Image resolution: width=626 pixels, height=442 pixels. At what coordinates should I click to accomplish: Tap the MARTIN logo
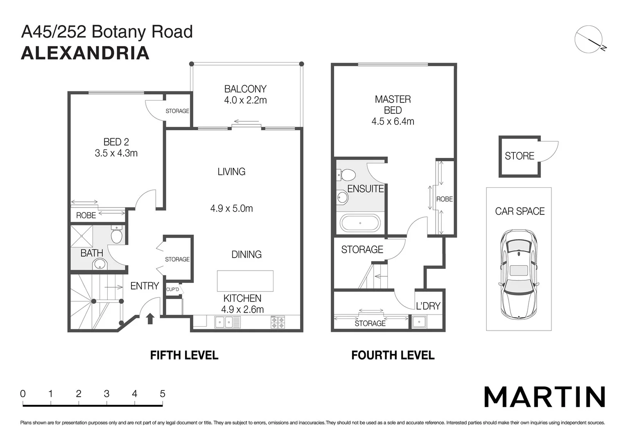pos(544,397)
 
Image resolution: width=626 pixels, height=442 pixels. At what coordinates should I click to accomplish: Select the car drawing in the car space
pos(518,275)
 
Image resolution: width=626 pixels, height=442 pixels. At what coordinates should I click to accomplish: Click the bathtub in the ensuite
pos(360,223)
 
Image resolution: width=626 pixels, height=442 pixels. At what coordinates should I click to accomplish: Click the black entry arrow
pos(150,318)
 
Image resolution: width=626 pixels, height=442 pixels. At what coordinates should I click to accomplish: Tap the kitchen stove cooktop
pos(278,322)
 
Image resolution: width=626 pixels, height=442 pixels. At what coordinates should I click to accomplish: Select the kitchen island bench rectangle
pos(245,281)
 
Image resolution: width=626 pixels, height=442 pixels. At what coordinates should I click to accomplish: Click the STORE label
pos(519,156)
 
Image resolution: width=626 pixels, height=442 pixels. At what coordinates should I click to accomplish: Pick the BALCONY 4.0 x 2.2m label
pos(245,95)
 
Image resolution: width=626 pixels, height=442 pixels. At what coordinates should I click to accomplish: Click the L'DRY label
pos(428,306)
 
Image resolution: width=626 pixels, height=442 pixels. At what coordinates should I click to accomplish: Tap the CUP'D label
pos(172,289)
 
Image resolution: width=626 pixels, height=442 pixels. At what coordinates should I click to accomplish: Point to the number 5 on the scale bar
pos(162,394)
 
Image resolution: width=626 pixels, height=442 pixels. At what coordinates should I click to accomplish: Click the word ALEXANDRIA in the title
pos(85,53)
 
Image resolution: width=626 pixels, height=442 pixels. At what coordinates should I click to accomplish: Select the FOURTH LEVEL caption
pos(393,355)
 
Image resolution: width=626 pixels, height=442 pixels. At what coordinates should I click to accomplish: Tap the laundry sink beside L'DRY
pos(419,322)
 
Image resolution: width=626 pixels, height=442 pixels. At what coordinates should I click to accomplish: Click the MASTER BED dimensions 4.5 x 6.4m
pos(393,122)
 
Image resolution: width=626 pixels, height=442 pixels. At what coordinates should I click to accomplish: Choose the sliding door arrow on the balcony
pos(246,122)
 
